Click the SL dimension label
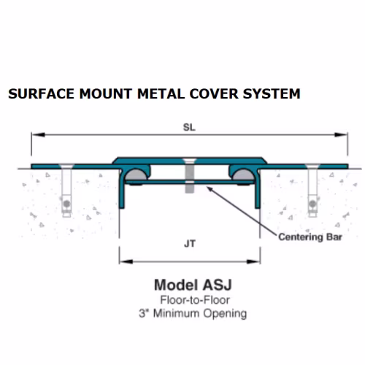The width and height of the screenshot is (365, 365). click(x=189, y=127)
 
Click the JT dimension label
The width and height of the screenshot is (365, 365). click(x=190, y=244)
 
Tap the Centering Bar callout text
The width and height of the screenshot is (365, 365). click(x=310, y=237)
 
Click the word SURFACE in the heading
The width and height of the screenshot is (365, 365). click(x=41, y=94)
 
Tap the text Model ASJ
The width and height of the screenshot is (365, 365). click(x=193, y=285)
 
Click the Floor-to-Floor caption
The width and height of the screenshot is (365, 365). click(x=195, y=300)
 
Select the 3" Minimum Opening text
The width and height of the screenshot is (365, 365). click(x=193, y=313)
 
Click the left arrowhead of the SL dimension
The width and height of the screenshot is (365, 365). click(x=38, y=134)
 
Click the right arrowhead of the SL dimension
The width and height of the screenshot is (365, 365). click(x=341, y=134)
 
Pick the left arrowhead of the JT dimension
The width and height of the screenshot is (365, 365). click(x=126, y=262)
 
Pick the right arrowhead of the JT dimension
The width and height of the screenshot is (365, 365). click(x=253, y=262)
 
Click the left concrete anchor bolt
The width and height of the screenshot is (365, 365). click(x=66, y=191)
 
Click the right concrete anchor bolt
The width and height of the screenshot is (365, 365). click(x=312, y=191)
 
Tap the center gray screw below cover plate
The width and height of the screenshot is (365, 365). click(x=189, y=176)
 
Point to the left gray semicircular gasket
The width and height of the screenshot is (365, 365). click(x=136, y=175)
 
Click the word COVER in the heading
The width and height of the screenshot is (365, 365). click(x=214, y=94)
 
